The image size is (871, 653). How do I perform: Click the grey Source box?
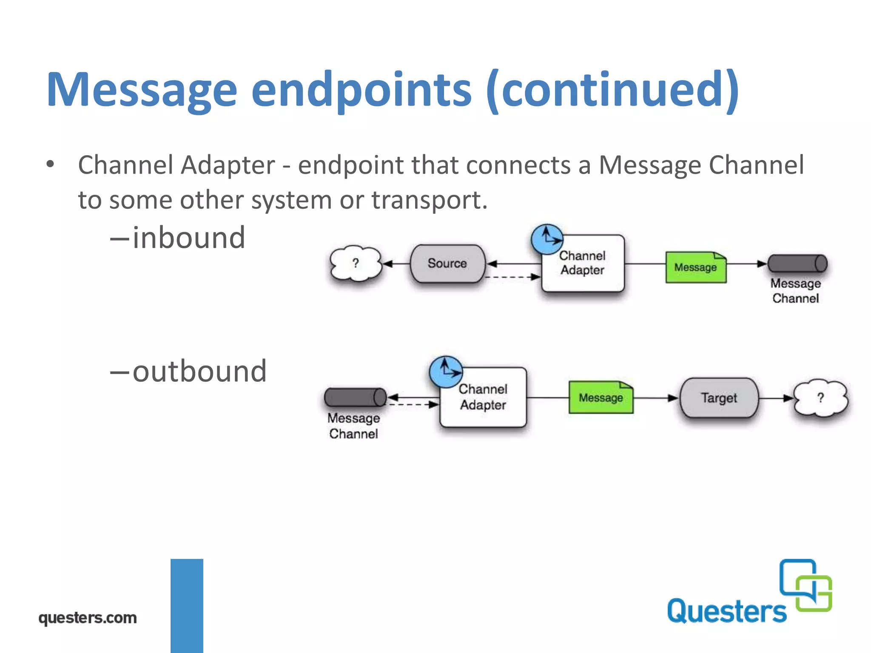pyautogui.click(x=447, y=264)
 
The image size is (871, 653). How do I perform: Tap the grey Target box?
pyautogui.click(x=719, y=398)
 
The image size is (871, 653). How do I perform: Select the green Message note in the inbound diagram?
pyautogui.click(x=696, y=267)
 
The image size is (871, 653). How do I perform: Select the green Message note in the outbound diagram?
pyautogui.click(x=601, y=397)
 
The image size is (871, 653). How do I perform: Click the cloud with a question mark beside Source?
pyautogui.click(x=356, y=264)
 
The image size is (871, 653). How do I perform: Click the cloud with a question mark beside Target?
pyautogui.click(x=820, y=398)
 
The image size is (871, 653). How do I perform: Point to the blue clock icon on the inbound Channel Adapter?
pyautogui.click(x=547, y=239)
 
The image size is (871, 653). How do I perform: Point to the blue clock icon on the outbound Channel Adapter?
pyautogui.click(x=446, y=372)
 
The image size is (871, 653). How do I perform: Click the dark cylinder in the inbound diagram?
pyautogui.click(x=797, y=264)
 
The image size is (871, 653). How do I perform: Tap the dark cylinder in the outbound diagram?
pyautogui.click(x=355, y=397)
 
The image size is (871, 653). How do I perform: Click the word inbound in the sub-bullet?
pyautogui.click(x=189, y=238)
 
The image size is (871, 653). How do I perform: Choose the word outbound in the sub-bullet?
pyautogui.click(x=199, y=372)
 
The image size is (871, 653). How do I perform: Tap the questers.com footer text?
pyautogui.click(x=88, y=618)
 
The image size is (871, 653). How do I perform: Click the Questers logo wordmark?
pyautogui.click(x=726, y=611)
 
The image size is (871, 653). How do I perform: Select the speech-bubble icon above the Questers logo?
pyautogui.click(x=806, y=585)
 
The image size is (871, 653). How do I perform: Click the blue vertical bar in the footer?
pyautogui.click(x=187, y=605)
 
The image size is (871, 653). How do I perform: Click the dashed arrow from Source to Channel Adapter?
pyautogui.click(x=512, y=277)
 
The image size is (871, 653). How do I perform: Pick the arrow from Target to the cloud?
pyautogui.click(x=776, y=398)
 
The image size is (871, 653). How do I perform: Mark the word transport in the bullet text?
pyautogui.click(x=429, y=200)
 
